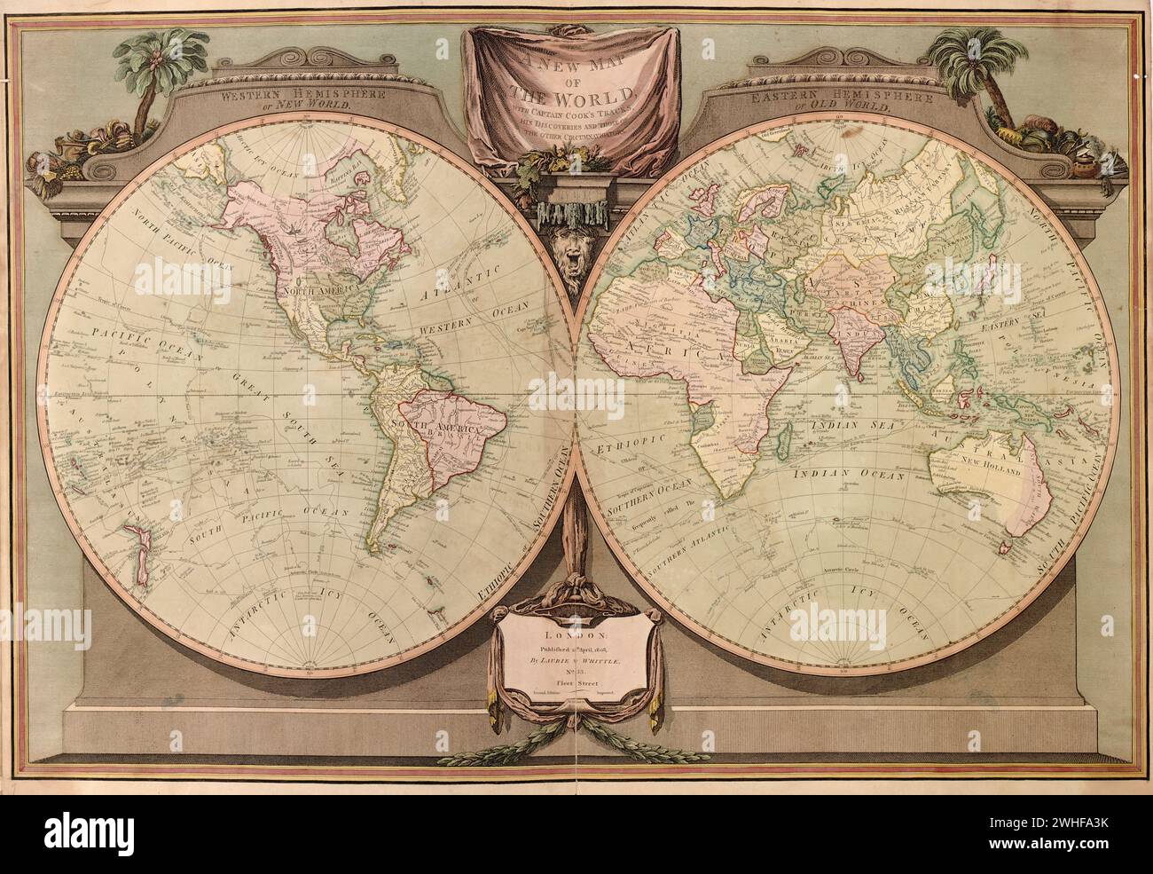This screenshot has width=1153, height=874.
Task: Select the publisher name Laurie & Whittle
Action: pyautogui.click(x=577, y=660)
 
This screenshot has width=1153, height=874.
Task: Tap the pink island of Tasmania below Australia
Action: pyautogui.click(x=1006, y=548)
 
